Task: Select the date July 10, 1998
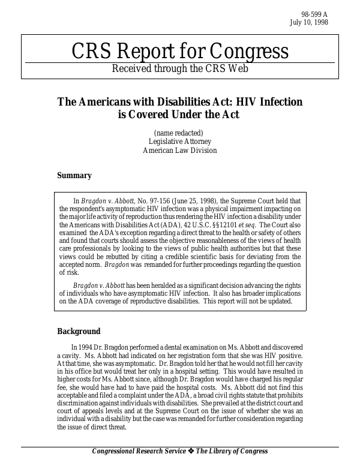click(308, 23)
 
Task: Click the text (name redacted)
click(179, 133)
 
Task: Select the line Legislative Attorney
click(179, 142)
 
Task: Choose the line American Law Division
click(179, 151)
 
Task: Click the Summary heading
click(74, 176)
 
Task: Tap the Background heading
click(79, 332)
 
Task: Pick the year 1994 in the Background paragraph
click(85, 347)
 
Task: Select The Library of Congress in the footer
click(232, 452)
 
